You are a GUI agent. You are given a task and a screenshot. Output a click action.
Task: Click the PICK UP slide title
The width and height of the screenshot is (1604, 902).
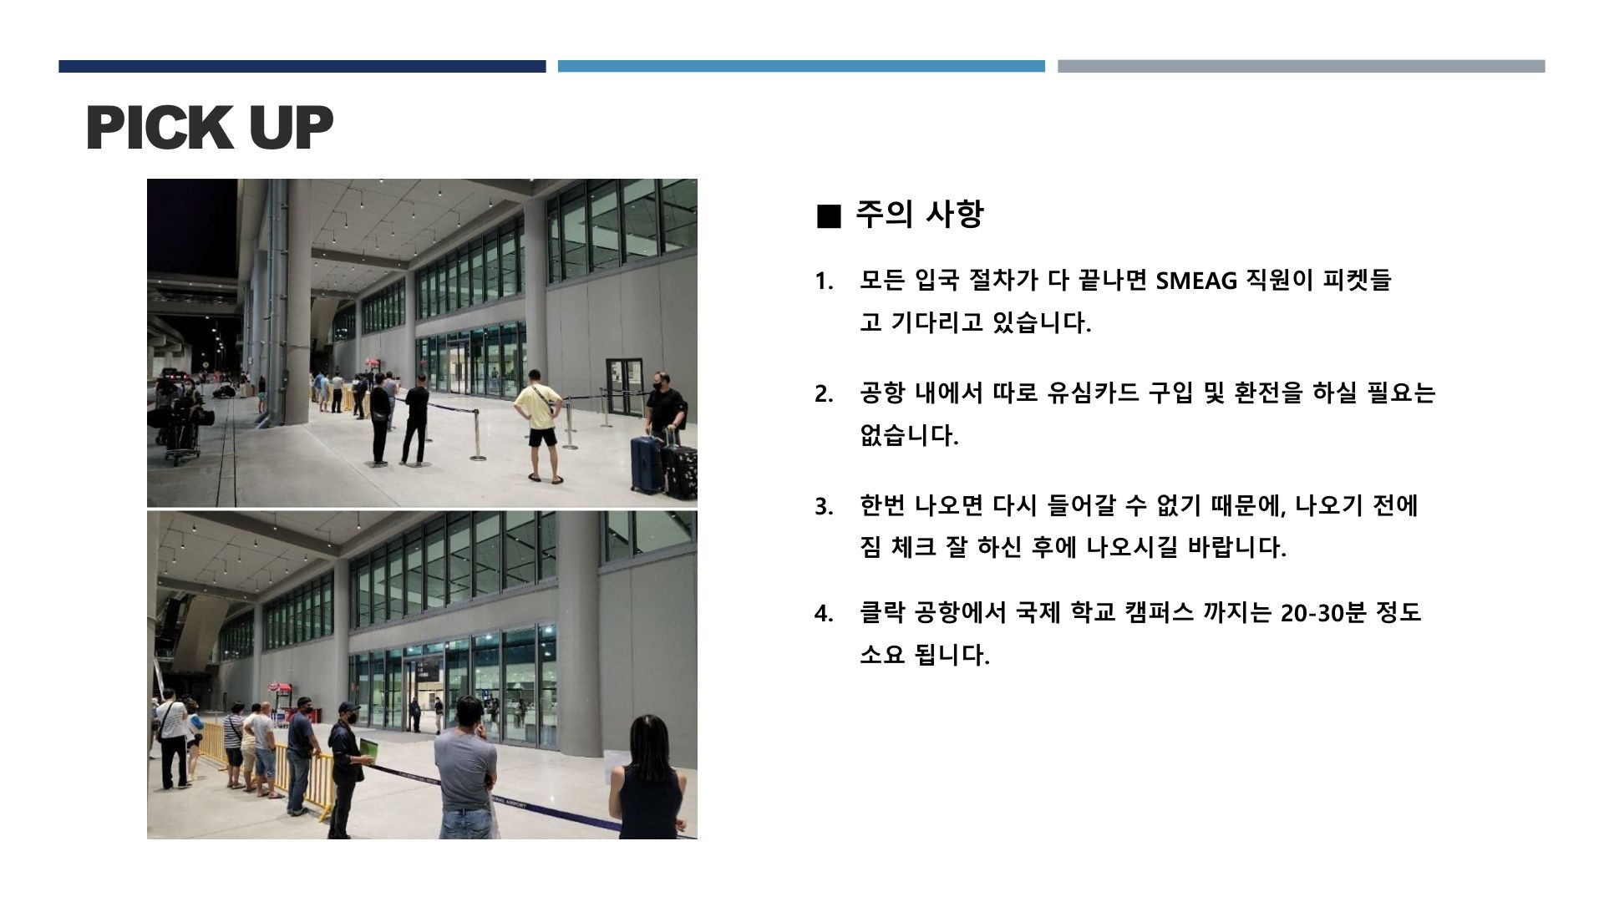(x=209, y=128)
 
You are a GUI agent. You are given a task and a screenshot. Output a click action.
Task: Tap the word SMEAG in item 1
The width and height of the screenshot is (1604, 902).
(x=1195, y=281)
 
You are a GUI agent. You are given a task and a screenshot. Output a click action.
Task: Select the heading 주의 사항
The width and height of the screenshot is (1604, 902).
(x=919, y=215)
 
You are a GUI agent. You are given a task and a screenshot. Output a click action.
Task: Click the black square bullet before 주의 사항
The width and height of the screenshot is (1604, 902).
(x=828, y=216)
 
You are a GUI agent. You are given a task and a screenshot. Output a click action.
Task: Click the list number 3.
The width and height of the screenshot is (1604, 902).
(x=823, y=507)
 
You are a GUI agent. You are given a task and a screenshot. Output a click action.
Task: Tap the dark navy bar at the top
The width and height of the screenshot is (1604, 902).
(x=302, y=66)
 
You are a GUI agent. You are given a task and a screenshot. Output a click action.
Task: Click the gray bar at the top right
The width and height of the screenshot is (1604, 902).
(x=1301, y=66)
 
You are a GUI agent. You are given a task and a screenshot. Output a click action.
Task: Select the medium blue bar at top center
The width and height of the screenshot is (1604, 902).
(x=801, y=66)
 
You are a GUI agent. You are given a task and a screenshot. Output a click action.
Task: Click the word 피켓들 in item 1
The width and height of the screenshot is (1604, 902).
(x=1357, y=280)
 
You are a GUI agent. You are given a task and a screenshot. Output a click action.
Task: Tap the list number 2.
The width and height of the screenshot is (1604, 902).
(x=823, y=394)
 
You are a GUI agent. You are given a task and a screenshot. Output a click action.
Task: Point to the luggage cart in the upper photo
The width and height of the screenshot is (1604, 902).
(x=182, y=430)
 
